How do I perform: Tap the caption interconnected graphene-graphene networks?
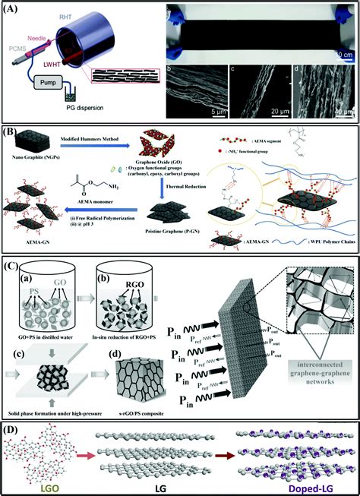click(315, 372)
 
